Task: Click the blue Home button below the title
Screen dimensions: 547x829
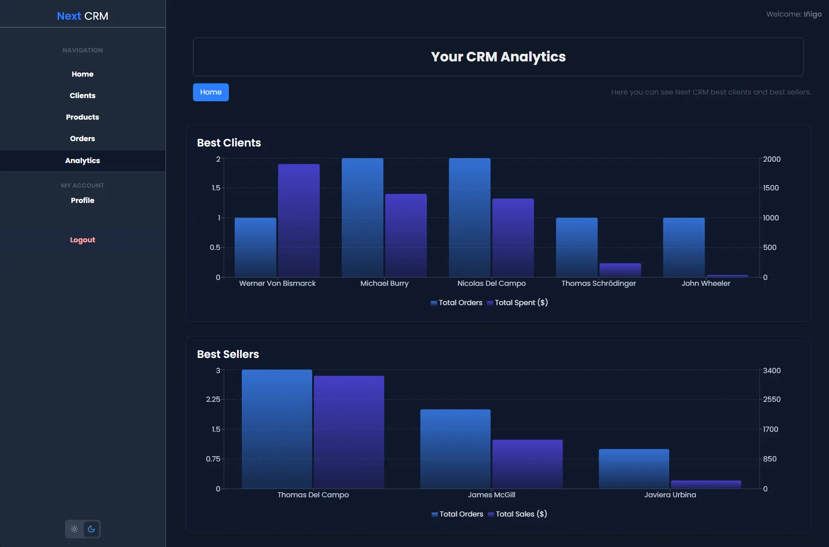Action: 210,92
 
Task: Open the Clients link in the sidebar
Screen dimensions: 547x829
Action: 82,95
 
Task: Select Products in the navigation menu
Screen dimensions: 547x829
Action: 82,117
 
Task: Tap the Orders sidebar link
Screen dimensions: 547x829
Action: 82,138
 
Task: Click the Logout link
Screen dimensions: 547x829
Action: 82,240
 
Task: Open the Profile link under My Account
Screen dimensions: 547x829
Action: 82,200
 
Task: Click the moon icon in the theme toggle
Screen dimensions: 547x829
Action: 91,529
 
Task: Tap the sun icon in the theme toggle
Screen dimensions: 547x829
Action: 74,529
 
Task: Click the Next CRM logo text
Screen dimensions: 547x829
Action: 82,16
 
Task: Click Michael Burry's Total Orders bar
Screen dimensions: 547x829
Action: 362,218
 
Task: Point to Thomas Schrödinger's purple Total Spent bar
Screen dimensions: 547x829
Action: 620,270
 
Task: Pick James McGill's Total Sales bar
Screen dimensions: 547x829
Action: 527,464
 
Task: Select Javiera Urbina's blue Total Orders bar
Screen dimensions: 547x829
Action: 634,469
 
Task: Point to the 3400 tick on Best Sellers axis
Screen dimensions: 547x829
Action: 772,370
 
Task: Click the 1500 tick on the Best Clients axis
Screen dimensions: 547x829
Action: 771,188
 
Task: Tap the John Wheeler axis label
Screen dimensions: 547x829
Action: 705,283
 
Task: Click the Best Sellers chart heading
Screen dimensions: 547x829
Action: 228,354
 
